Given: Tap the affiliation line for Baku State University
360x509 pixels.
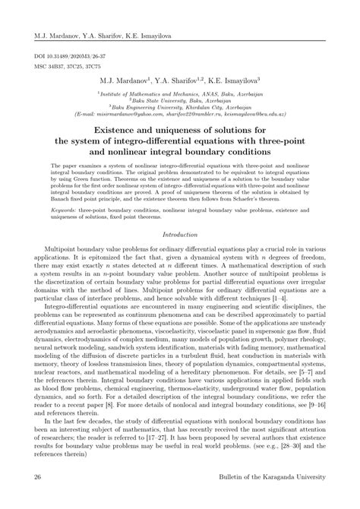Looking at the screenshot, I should (x=179, y=99).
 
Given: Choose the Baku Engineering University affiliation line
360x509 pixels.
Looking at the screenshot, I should (x=179, y=106).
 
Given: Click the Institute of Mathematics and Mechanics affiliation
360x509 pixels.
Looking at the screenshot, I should (x=179, y=92).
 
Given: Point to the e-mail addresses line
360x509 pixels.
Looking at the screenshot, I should (x=179, y=112).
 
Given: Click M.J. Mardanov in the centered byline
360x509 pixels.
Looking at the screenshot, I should (x=126, y=79).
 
